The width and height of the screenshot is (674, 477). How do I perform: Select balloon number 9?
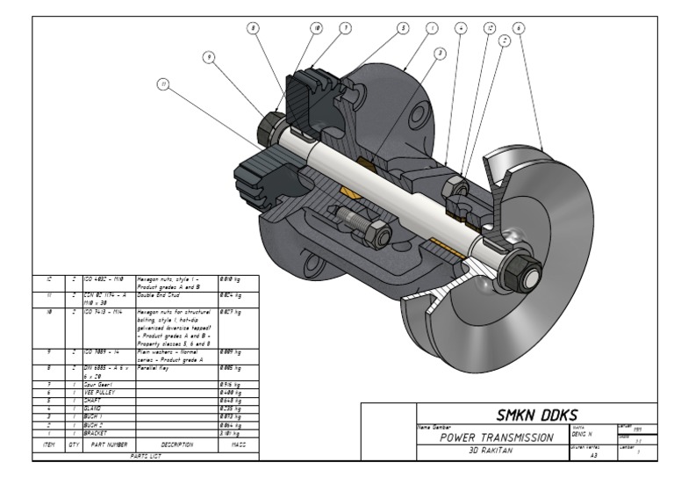pos(209,57)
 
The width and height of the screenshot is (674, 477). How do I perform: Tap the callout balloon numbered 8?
pos(254,28)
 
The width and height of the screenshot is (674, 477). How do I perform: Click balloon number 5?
pos(403,28)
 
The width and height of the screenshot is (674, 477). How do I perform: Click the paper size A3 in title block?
pos(594,456)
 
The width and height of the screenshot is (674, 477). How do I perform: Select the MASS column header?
pos(237,445)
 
